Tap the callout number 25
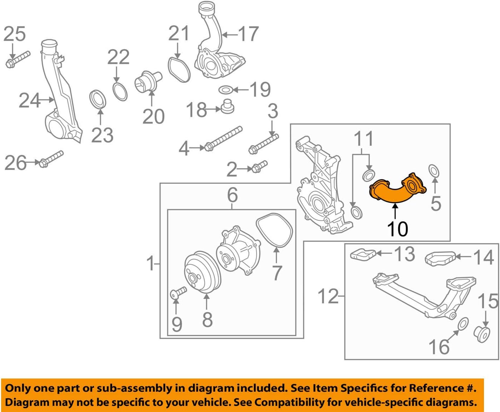pyautogui.click(x=15, y=34)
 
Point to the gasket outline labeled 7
pyautogui.click(x=274, y=230)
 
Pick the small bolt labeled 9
pyautogui.click(x=178, y=293)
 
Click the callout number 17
pyautogui.click(x=249, y=34)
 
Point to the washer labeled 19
pyautogui.click(x=225, y=89)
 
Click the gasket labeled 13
pyautogui.click(x=363, y=254)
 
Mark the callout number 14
pyautogui.click(x=483, y=257)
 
